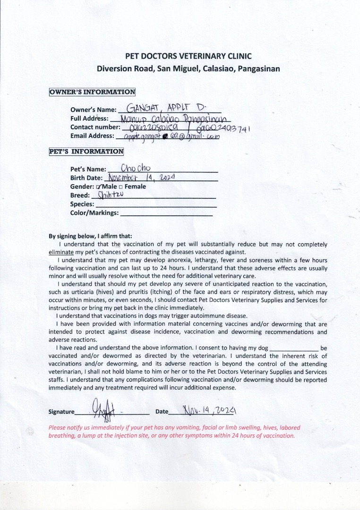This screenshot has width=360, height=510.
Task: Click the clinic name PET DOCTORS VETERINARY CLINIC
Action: [188, 56]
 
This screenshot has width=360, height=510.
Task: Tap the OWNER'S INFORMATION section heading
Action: [92, 92]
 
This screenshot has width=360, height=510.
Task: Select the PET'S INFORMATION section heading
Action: [86, 152]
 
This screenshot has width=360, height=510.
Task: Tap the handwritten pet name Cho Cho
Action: [136, 168]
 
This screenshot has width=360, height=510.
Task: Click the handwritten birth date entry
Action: [142, 178]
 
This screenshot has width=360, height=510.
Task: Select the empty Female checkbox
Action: [120, 187]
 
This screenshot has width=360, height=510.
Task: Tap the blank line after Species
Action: [156, 205]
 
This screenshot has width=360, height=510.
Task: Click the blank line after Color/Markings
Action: [166, 213]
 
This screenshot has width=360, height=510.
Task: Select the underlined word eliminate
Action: [61, 252]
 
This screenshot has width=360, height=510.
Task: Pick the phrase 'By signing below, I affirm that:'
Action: [91, 236]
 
